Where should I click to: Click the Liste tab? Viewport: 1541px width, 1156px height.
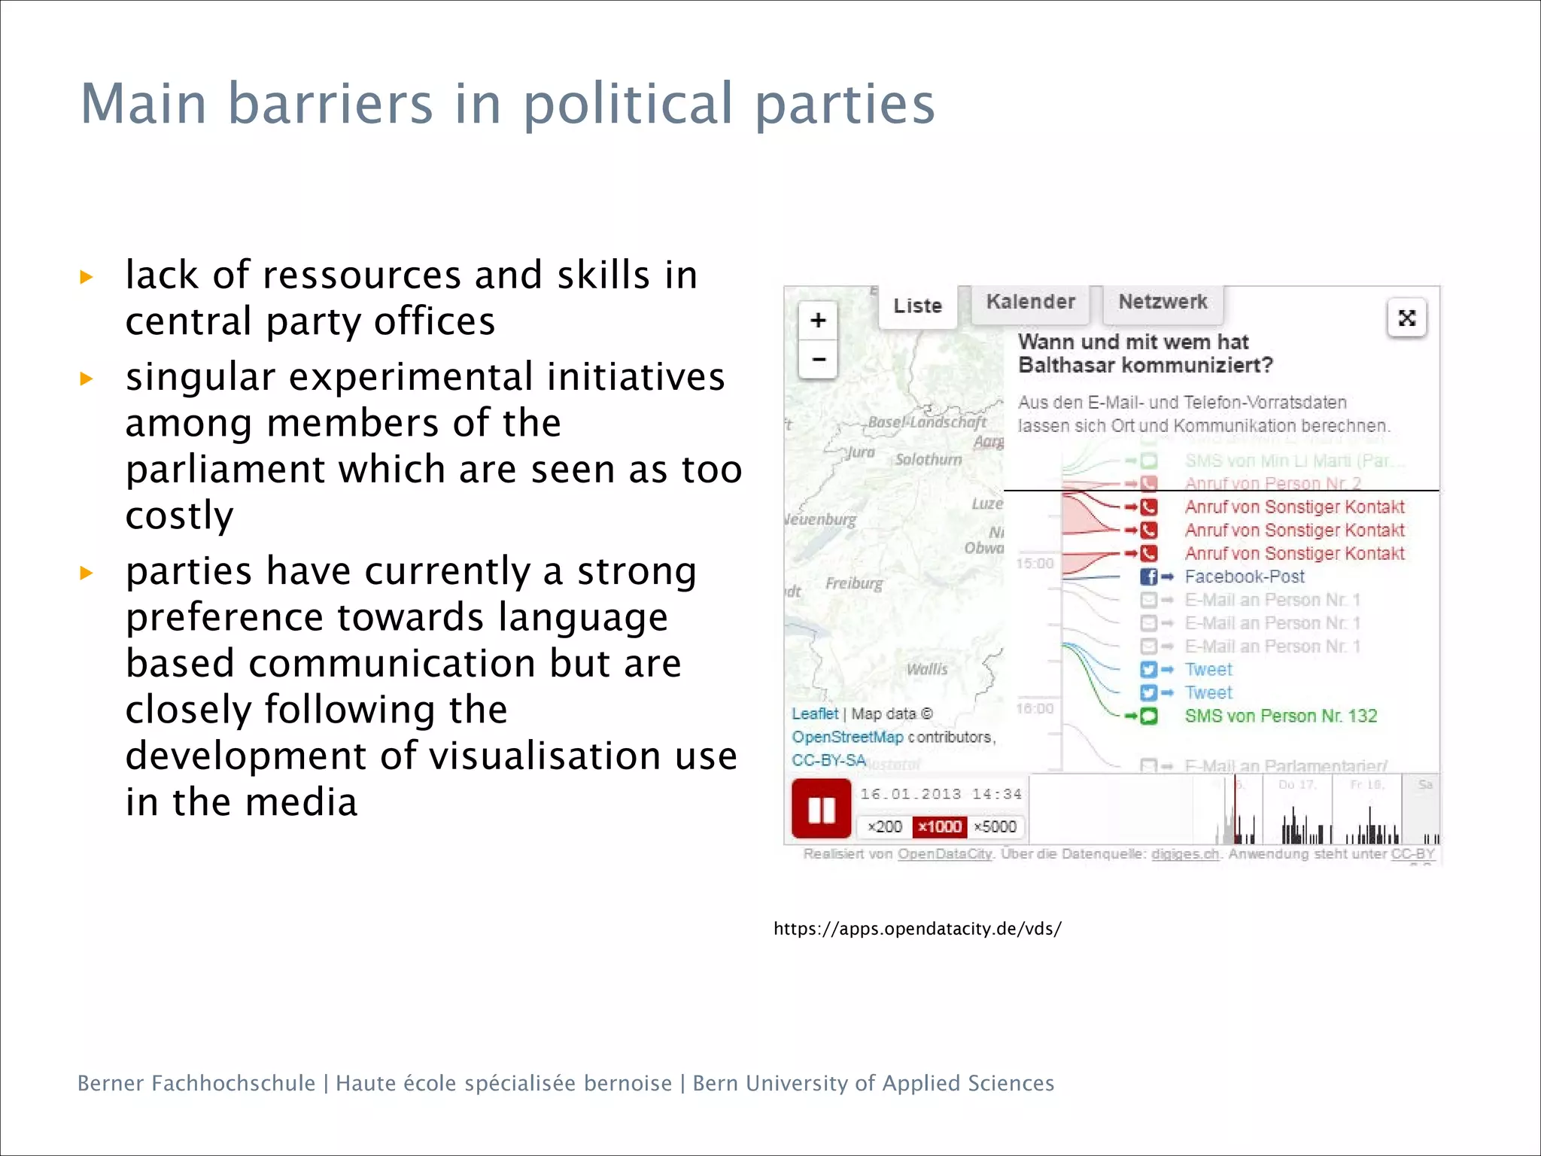point(917,306)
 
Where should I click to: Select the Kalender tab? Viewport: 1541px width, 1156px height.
point(1030,302)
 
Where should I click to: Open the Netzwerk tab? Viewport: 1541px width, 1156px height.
point(1163,302)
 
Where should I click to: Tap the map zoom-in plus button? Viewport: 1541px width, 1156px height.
point(818,321)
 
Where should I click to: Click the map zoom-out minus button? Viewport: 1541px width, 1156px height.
point(818,359)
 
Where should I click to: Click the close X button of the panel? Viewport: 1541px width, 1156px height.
point(1406,318)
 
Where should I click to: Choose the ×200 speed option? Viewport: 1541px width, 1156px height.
point(884,826)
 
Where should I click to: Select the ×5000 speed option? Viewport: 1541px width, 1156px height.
point(995,826)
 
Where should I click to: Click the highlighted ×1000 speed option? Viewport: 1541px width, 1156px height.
point(939,826)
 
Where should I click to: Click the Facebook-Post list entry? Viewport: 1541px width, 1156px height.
point(1245,576)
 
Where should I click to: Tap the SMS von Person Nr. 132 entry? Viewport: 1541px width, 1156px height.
point(1281,716)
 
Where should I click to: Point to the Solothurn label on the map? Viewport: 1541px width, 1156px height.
point(929,460)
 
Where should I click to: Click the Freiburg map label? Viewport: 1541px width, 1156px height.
point(854,583)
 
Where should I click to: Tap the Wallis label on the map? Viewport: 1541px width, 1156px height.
point(927,669)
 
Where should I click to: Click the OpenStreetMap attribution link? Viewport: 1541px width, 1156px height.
point(847,737)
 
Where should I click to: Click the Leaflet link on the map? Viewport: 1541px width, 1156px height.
point(814,713)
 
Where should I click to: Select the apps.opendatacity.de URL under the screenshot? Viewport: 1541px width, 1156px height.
point(917,929)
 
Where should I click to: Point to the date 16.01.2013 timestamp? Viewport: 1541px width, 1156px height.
point(910,794)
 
